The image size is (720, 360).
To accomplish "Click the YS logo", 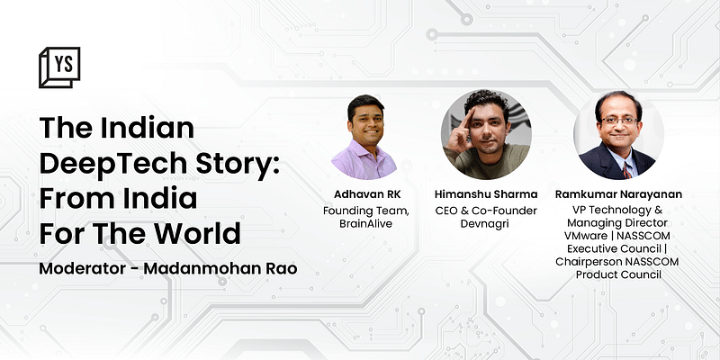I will click(59, 67).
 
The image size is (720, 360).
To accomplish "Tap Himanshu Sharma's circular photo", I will click(486, 135).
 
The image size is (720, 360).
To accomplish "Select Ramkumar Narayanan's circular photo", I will click(618, 135).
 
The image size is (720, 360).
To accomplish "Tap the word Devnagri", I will click(486, 224).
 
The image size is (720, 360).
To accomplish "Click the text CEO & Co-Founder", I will click(486, 211).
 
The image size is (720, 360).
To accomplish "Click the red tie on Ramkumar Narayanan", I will click(626, 168).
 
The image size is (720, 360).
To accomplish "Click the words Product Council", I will click(618, 274).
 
